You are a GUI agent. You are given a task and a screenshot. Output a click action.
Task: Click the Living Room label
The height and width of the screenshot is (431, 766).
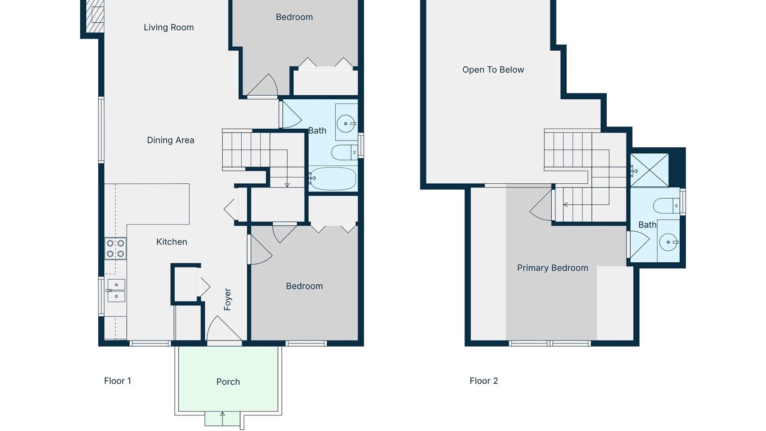click(x=169, y=28)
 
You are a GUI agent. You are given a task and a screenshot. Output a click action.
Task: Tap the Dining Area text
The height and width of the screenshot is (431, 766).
click(x=171, y=140)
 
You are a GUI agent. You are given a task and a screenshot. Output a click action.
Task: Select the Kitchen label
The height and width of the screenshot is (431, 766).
click(x=172, y=242)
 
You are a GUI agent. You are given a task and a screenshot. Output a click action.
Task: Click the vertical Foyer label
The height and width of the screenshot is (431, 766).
click(x=227, y=299)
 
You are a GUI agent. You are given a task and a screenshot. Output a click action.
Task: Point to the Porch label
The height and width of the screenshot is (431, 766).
click(x=228, y=382)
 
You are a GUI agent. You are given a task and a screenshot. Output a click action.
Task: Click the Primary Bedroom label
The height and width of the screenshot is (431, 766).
click(x=552, y=268)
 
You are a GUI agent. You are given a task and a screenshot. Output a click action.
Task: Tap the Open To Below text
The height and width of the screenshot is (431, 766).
click(x=493, y=70)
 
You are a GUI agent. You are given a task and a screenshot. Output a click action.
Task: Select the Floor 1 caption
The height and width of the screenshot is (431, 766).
click(x=118, y=381)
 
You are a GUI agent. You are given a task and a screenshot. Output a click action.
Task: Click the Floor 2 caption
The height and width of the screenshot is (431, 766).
click(x=484, y=381)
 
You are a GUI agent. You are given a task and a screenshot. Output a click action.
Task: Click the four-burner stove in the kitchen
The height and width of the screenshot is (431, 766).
click(x=115, y=248)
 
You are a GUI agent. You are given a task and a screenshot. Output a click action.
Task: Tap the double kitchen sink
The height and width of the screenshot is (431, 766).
click(x=116, y=290)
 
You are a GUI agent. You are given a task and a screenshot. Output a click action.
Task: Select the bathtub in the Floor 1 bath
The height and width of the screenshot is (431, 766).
click(x=333, y=178)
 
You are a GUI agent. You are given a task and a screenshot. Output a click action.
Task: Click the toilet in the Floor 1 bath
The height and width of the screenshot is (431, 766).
click(x=345, y=153)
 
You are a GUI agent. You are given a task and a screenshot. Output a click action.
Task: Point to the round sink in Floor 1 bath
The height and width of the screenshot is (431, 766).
click(x=346, y=123)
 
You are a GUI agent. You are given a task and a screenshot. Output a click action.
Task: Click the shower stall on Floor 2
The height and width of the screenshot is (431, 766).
click(x=649, y=171)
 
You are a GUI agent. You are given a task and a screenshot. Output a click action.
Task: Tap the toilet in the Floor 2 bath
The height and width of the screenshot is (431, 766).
click(x=666, y=206)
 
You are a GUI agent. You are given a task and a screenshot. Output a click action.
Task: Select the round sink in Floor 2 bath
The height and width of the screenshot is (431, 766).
click(x=668, y=242)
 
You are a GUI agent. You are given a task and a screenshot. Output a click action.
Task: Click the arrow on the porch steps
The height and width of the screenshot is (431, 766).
click(x=222, y=418)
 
